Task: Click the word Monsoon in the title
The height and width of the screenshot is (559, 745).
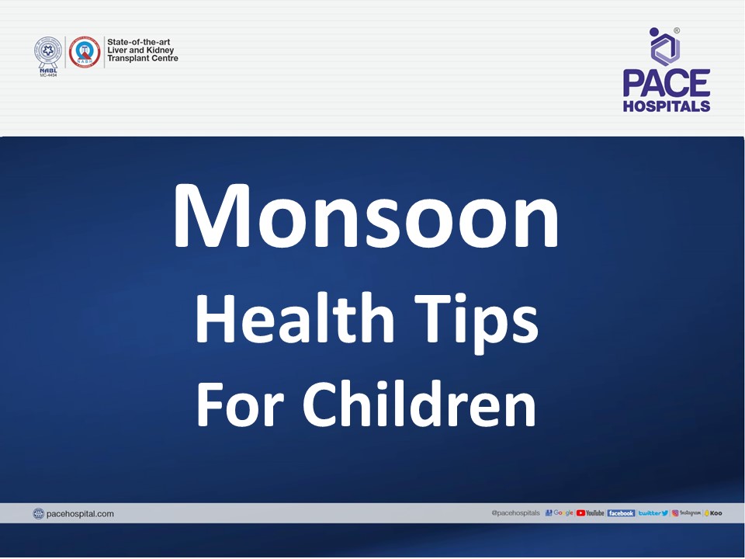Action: pos(366,215)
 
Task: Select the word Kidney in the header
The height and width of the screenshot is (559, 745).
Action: pos(159,50)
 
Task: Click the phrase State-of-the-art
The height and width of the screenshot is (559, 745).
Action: pos(142,42)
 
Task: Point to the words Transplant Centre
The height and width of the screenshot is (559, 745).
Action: pos(143,59)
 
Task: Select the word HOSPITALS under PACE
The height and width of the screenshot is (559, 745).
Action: pos(667,106)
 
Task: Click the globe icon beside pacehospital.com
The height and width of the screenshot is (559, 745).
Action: pos(39,513)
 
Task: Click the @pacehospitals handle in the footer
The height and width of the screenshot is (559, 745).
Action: pos(516,513)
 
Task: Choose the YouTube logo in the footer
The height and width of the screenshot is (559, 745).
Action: pos(591,513)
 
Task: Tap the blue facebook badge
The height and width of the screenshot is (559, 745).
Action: pos(621,513)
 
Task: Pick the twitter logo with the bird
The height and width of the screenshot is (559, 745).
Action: pos(653,513)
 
